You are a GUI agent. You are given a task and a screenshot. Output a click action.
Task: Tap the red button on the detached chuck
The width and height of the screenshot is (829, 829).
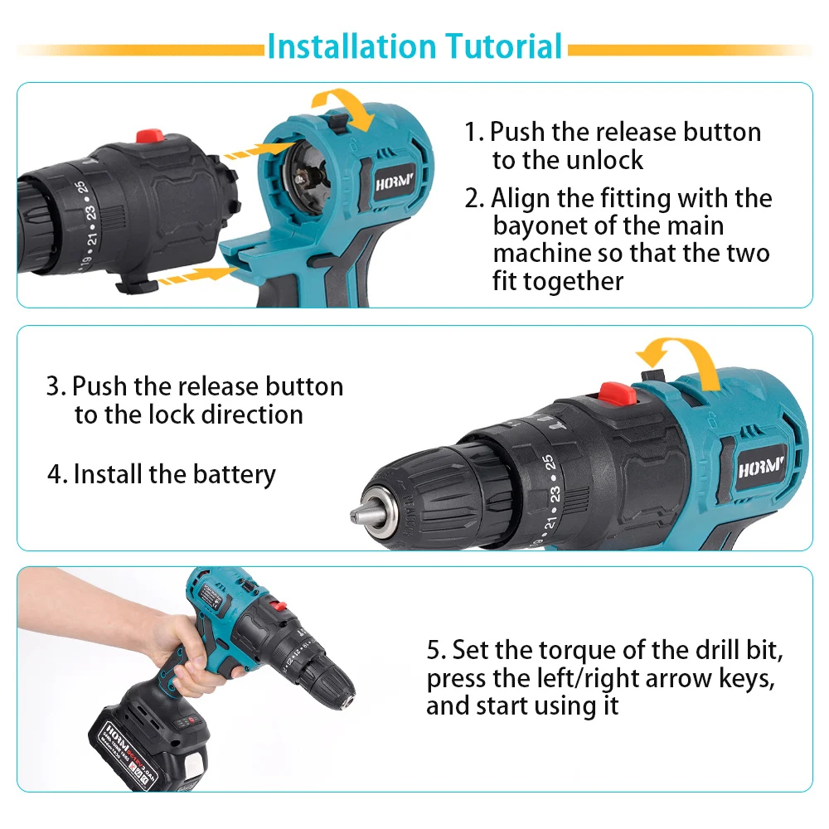pos(150,136)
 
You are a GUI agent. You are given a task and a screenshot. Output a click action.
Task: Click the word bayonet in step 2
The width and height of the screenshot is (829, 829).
pos(545,225)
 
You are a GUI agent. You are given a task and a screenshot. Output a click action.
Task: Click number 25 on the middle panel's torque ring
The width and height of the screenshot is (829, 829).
pos(548,465)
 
